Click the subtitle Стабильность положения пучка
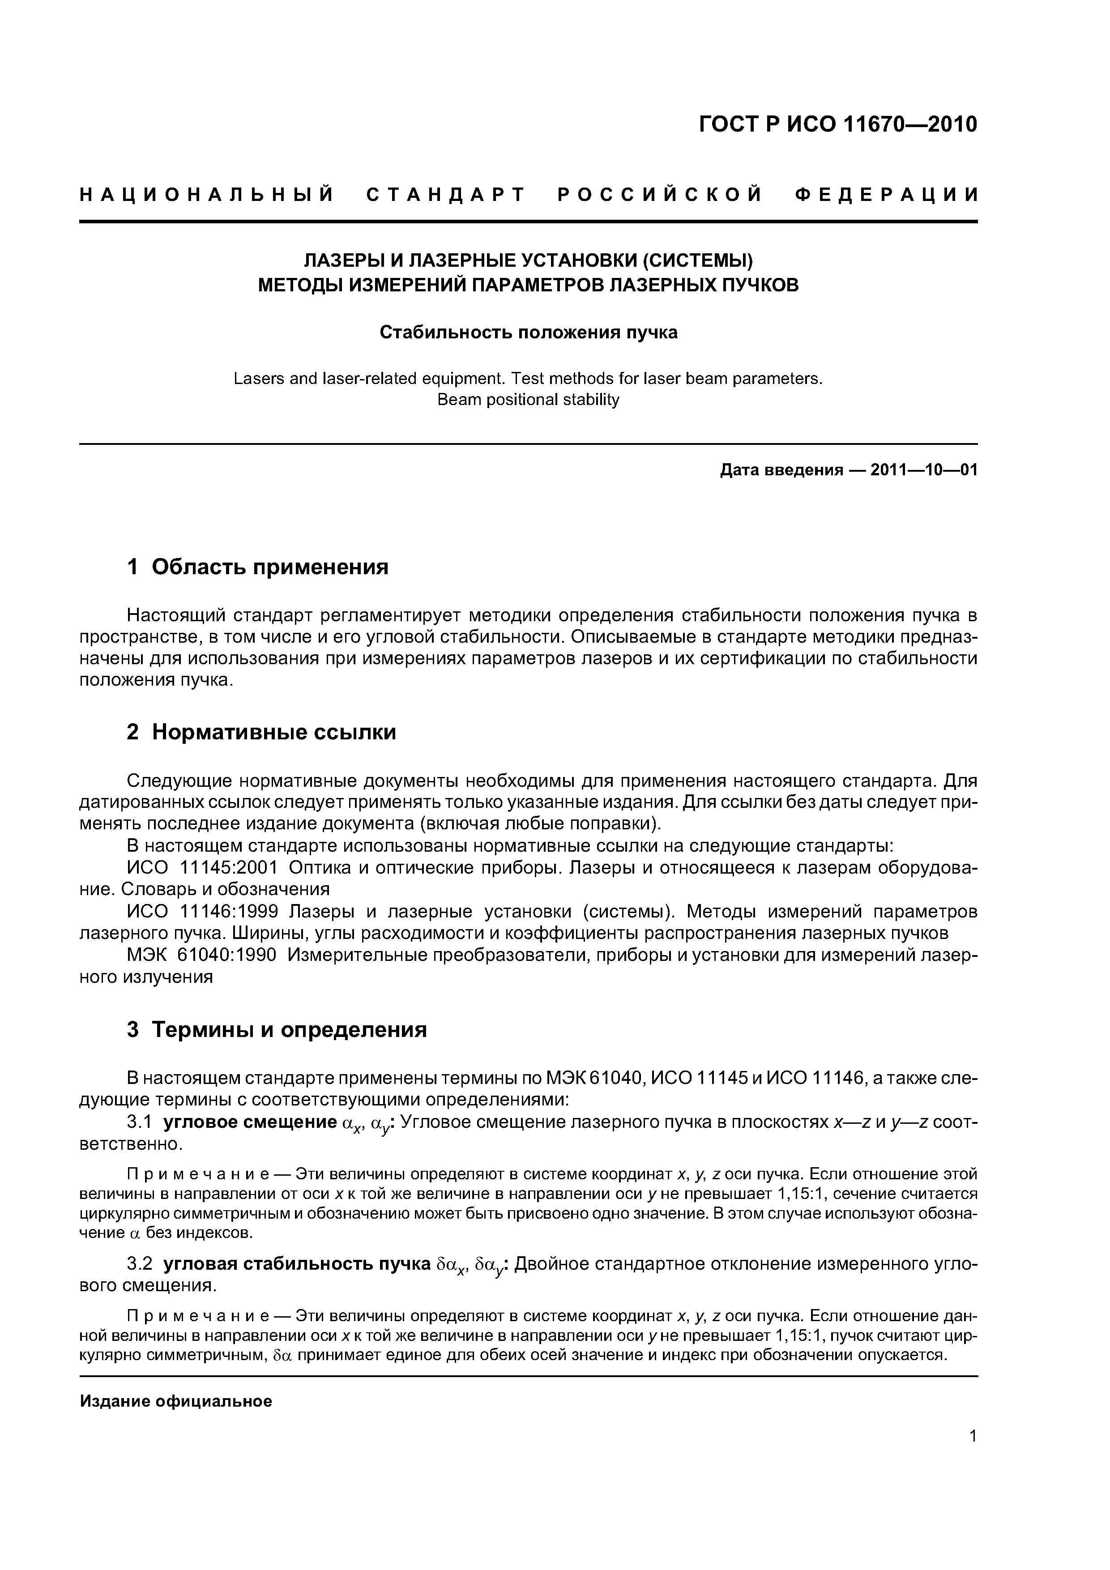click(528, 333)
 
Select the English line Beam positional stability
click(528, 400)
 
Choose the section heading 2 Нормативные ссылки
click(262, 732)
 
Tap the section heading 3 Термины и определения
click(277, 1030)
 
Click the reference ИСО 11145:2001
click(202, 868)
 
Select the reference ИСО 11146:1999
click(202, 912)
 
